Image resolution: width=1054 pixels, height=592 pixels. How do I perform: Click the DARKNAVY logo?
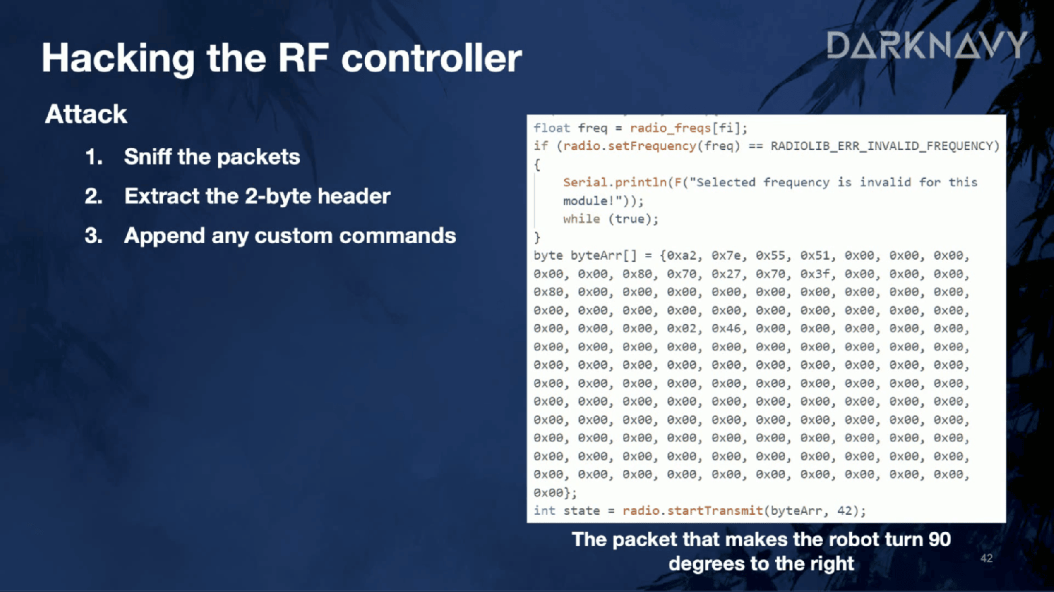click(x=926, y=45)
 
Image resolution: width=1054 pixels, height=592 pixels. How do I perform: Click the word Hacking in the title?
click(x=118, y=59)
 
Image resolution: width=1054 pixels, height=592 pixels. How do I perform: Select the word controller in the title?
click(x=432, y=58)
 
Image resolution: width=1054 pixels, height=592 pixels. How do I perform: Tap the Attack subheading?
click(x=86, y=114)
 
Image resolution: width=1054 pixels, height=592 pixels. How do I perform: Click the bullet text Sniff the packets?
click(x=211, y=157)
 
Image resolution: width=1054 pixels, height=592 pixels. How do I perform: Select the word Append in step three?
click(x=165, y=236)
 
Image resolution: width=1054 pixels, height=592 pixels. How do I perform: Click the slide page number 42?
click(x=986, y=558)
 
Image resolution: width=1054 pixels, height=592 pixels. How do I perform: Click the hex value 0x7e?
click(x=726, y=256)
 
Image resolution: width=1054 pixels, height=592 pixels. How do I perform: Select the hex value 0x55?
click(x=771, y=256)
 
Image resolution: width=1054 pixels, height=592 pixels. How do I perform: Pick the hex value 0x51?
click(x=815, y=256)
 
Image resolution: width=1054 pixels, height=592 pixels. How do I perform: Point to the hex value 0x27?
click(x=726, y=274)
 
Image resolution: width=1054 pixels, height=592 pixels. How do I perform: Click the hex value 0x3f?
click(x=815, y=274)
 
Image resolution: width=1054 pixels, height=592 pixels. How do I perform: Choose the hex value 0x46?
click(x=726, y=329)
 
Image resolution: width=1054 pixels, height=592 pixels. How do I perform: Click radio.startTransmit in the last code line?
click(x=693, y=510)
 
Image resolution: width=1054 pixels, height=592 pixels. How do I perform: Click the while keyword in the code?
click(x=582, y=219)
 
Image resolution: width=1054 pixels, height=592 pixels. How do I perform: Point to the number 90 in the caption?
click(x=939, y=539)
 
